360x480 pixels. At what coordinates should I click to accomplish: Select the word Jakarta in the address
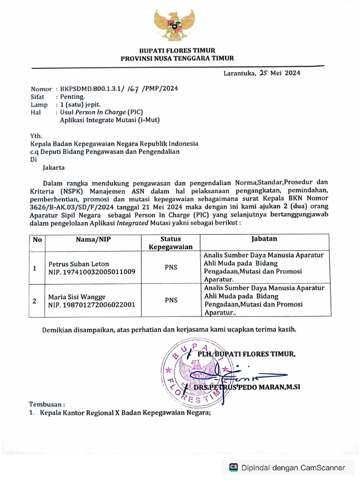pos(54,167)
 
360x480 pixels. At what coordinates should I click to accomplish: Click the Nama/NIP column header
pos(95,240)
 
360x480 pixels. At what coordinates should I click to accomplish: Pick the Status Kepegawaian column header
pos(171,243)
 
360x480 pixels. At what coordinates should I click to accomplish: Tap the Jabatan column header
pos(264,239)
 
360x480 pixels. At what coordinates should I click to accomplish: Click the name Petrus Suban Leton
pos(77,264)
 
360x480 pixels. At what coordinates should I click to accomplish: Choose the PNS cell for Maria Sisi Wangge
pos(171,301)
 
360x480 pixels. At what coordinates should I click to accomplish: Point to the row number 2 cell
pos(34,301)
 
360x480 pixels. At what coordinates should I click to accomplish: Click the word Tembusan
pos(47,404)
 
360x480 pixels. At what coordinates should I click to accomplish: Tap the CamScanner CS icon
pos(233,467)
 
